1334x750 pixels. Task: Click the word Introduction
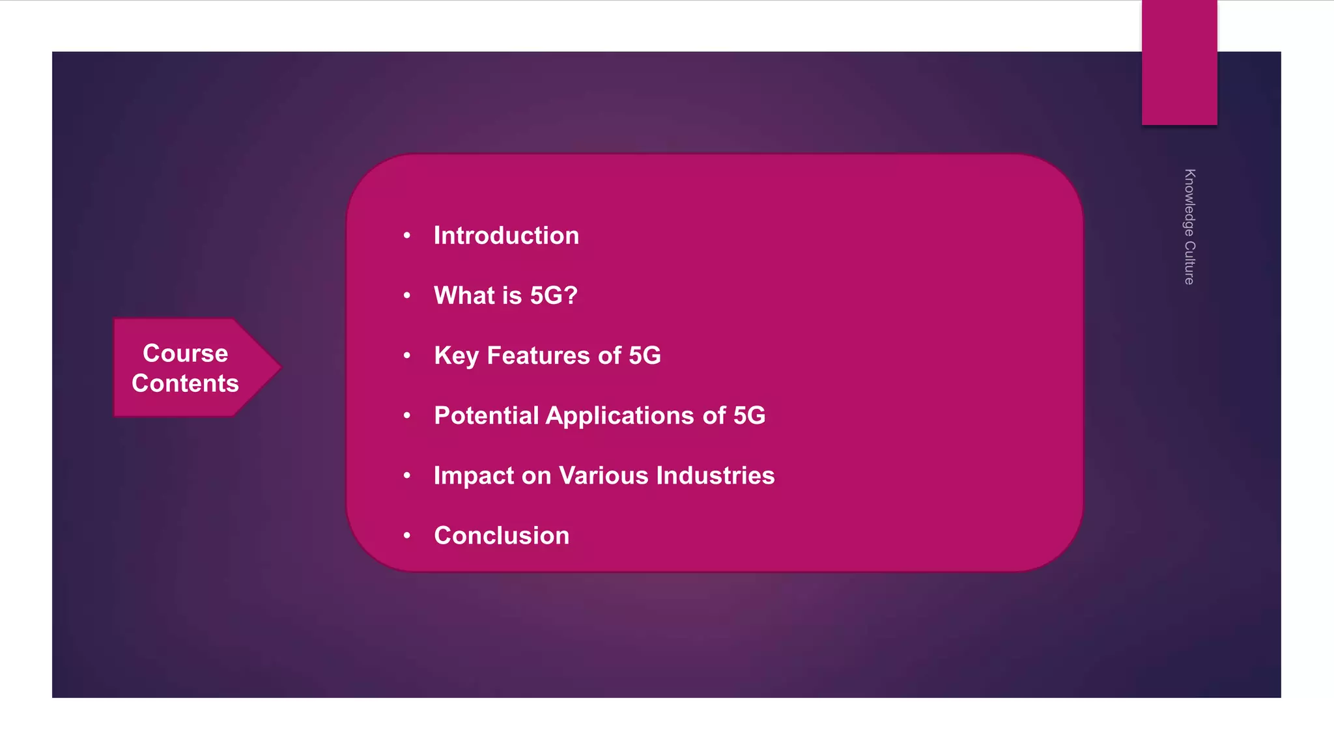[x=506, y=236]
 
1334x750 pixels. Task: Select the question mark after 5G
[x=571, y=296]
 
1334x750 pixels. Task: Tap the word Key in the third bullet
[x=456, y=356]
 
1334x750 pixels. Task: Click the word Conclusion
[x=502, y=536]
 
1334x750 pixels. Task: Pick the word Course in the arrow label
[x=186, y=354]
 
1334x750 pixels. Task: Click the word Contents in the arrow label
[x=186, y=383]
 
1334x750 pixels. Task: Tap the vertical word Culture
[x=1189, y=263]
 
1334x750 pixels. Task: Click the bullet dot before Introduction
[x=407, y=236]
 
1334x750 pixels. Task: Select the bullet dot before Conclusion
[x=407, y=536]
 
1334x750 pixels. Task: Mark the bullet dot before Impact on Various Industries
[x=407, y=476]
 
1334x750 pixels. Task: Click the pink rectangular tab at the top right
[x=1179, y=62]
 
